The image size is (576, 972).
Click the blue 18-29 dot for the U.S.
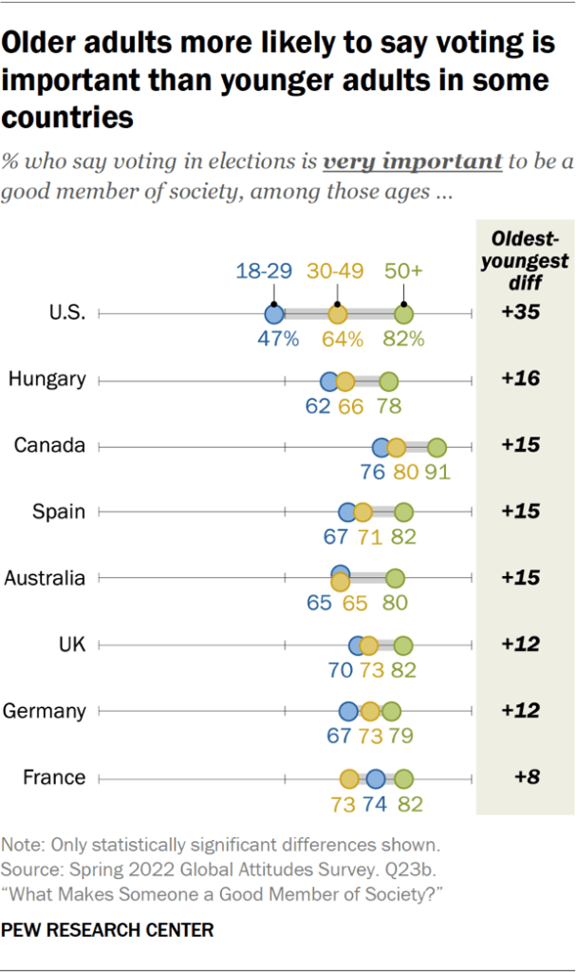[x=274, y=314]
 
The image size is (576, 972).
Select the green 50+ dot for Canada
[x=437, y=447]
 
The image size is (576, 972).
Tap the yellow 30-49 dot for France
[x=349, y=779]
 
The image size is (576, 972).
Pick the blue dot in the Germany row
[x=348, y=712]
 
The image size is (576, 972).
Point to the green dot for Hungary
[x=388, y=381]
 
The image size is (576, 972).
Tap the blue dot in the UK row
[x=359, y=645]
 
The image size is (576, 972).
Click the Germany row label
[x=46, y=711]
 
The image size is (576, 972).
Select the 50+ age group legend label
[x=404, y=271]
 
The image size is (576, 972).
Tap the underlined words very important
[x=412, y=160]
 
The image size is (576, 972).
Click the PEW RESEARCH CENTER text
[x=108, y=929]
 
